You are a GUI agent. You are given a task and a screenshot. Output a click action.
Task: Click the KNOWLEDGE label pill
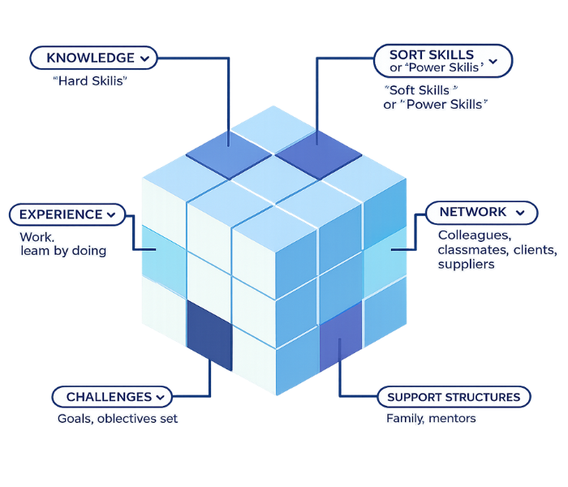pos(91,58)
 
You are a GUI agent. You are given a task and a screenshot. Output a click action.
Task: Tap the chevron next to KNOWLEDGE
pos(144,58)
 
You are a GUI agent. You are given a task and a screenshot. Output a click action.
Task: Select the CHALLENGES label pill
pos(110,397)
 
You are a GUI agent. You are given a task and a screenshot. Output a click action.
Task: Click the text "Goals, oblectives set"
pos(117,419)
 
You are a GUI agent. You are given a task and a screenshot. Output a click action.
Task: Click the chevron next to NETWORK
pos(521,213)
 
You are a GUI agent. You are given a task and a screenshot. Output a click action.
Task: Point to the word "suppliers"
pos(466,265)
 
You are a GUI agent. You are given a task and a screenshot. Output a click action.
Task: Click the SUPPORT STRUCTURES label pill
pos(454,397)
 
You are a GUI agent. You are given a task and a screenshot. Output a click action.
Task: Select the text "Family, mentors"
pos(431,419)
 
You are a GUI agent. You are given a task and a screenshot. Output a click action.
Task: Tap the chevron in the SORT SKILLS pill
pos(493,60)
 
